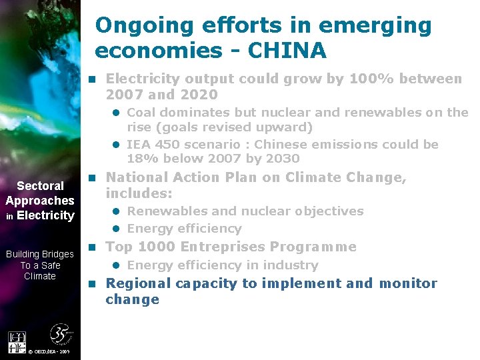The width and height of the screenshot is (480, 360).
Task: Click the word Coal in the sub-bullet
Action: (141, 112)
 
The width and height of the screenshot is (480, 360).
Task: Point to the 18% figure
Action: (139, 159)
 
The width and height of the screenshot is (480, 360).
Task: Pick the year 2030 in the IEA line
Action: (284, 159)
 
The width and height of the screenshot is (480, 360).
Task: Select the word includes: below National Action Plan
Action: (139, 193)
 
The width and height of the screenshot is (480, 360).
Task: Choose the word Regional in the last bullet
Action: (137, 283)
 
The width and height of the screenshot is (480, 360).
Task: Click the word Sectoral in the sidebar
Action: (40, 186)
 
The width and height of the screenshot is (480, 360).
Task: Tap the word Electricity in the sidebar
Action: (45, 215)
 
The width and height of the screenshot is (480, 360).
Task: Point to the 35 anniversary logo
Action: (61, 335)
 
